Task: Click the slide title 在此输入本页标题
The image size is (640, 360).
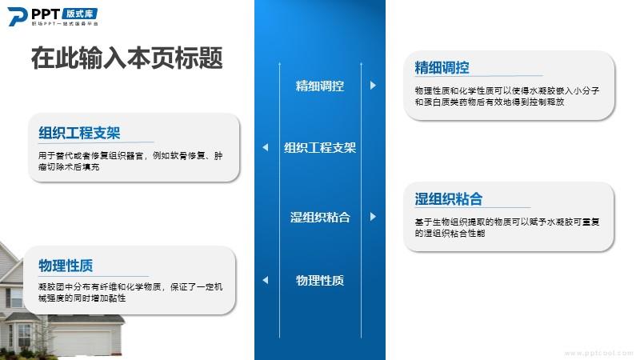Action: [x=127, y=58]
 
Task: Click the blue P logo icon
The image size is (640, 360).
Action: [x=17, y=17]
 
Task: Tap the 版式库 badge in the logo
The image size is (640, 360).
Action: [x=80, y=14]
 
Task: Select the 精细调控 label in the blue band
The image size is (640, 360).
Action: [x=319, y=86]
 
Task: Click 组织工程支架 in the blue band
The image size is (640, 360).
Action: [x=319, y=147]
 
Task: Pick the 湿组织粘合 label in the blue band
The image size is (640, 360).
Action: [x=319, y=217]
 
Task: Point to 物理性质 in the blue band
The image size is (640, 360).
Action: [x=319, y=280]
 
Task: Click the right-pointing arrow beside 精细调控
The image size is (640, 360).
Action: [x=373, y=86]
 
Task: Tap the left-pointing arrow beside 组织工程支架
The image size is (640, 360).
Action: [x=266, y=147]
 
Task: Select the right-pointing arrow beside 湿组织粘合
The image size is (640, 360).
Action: [x=373, y=216]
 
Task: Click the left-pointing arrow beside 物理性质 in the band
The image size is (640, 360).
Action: [x=266, y=280]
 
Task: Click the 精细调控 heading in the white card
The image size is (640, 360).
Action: [x=442, y=68]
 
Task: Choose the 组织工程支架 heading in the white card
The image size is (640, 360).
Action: [x=79, y=133]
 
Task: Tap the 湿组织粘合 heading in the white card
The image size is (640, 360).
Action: [x=448, y=199]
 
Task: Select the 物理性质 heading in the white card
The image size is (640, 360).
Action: [x=66, y=266]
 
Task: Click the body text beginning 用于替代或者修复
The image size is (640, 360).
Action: [x=130, y=162]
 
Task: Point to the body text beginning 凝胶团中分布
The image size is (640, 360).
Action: [x=130, y=292]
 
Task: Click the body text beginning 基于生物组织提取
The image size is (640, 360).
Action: [x=507, y=227]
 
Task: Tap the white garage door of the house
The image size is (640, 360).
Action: [x=82, y=342]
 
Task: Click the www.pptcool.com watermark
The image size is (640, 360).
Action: [x=598, y=353]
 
